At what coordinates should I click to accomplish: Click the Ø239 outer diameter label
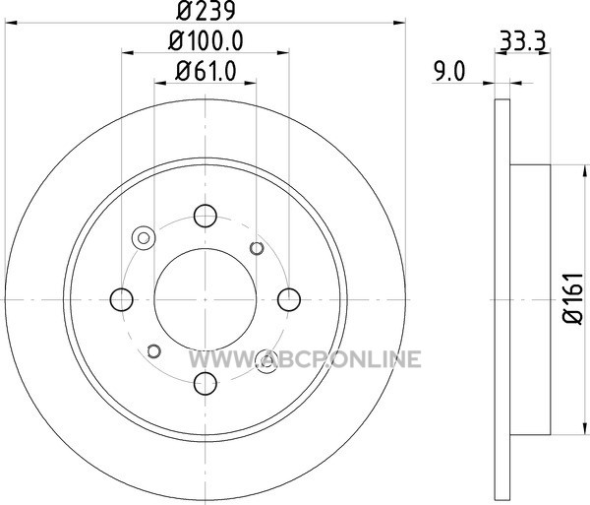coord(206,11)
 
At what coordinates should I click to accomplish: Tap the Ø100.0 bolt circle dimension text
coord(206,40)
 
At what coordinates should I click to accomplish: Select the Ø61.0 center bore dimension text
coord(206,71)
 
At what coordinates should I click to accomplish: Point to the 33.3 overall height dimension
coord(523,41)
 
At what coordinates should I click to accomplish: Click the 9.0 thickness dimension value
coord(449,71)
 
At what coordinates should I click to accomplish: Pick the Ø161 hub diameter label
coord(573,298)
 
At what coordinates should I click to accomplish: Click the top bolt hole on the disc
coord(206,216)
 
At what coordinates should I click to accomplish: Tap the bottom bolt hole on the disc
coord(206,383)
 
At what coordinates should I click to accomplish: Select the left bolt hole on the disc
coord(122,300)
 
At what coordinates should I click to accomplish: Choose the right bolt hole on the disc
coord(289,300)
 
